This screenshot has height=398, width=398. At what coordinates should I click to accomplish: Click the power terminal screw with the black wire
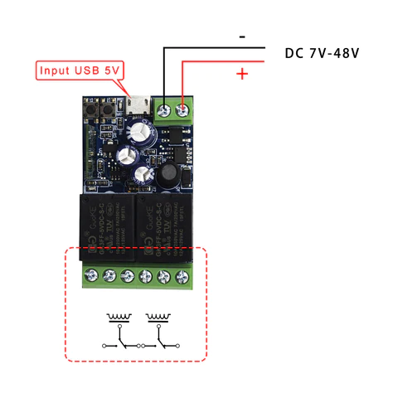tap(165, 109)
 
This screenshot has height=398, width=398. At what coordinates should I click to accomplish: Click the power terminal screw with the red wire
tap(182, 109)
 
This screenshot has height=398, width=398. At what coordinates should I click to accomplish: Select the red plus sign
tap(242, 75)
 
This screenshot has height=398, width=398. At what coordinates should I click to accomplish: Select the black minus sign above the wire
tap(241, 36)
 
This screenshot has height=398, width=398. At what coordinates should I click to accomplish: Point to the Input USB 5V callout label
tap(80, 70)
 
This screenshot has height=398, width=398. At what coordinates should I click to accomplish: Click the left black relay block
tap(104, 220)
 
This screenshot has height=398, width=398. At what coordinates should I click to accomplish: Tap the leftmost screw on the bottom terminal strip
tap(90, 276)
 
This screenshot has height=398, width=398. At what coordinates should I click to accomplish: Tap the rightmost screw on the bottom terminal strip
tap(182, 276)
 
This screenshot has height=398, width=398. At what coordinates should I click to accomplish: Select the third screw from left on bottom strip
tap(127, 276)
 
